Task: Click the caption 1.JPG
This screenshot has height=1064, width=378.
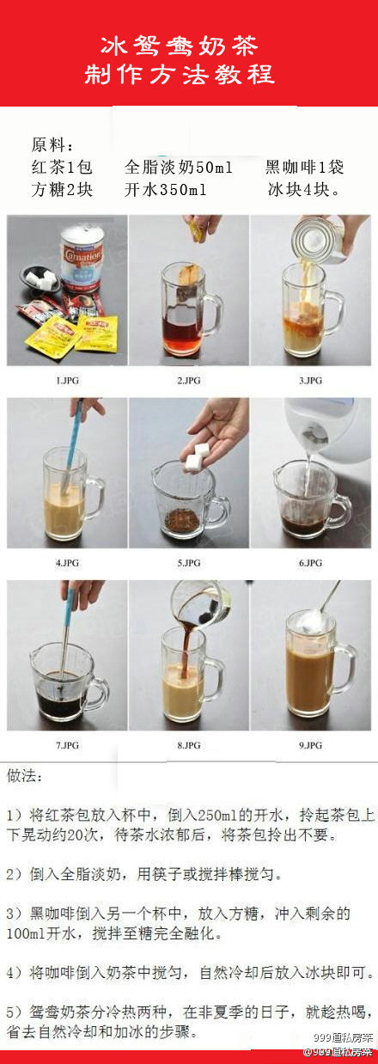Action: (67, 381)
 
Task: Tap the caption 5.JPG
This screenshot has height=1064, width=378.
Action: (189, 563)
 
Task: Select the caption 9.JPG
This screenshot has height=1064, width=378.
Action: (311, 745)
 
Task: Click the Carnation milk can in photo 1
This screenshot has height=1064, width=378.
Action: (82, 258)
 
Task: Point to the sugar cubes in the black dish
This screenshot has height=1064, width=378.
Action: (41, 278)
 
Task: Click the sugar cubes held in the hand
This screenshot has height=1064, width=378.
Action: (197, 457)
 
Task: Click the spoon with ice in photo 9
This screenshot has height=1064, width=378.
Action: (316, 613)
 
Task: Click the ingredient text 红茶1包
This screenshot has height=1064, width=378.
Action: (62, 168)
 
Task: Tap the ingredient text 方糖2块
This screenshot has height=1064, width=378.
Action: (62, 190)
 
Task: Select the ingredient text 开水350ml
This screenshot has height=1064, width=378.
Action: (166, 190)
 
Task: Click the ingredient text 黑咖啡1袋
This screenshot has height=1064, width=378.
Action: (304, 168)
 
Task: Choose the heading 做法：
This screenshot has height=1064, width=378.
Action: (25, 776)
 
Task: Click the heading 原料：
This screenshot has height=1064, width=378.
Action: (52, 145)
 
